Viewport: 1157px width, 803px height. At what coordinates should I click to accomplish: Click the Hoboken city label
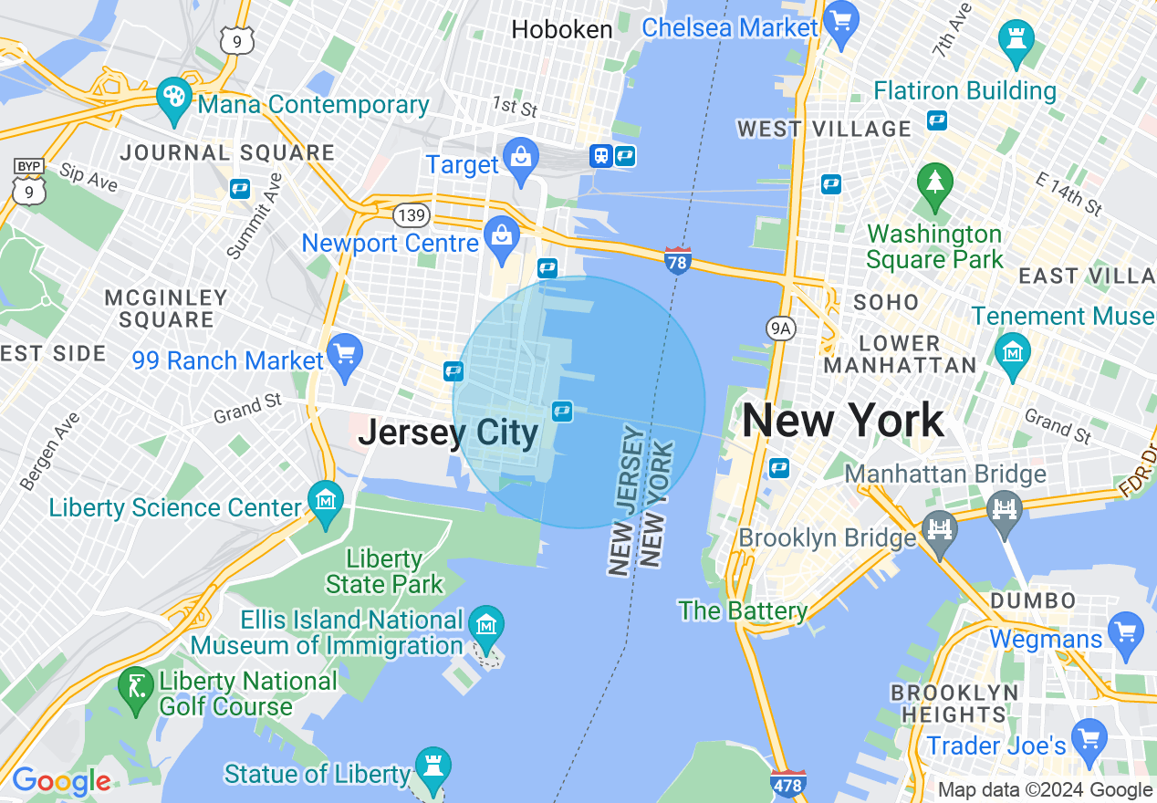pyautogui.click(x=561, y=29)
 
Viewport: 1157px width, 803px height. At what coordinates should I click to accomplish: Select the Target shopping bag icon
pyautogui.click(x=521, y=154)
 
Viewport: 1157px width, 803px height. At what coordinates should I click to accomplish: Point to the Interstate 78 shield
pyautogui.click(x=678, y=259)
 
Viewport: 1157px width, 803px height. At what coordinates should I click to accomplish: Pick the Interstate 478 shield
pyautogui.click(x=788, y=783)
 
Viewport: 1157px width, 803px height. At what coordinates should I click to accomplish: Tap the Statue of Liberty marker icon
pyautogui.click(x=433, y=765)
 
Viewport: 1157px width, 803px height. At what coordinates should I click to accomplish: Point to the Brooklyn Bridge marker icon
pyautogui.click(x=940, y=528)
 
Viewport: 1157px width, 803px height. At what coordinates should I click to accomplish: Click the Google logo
pyautogui.click(x=60, y=782)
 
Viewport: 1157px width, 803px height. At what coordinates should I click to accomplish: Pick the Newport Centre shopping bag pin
pyautogui.click(x=502, y=235)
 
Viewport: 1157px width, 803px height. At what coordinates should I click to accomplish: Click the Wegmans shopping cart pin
pyautogui.click(x=1124, y=630)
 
